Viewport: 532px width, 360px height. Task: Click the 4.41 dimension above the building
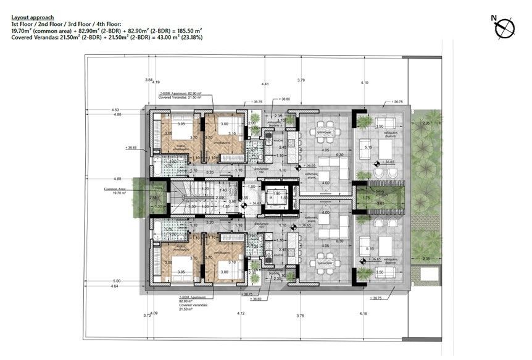coord(265,83)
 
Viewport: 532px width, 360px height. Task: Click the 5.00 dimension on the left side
coord(117,281)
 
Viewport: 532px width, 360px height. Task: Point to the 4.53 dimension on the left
coord(115,110)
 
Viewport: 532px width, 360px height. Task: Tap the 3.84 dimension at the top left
coord(148,80)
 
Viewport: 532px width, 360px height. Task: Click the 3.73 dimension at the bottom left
coord(146,316)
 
